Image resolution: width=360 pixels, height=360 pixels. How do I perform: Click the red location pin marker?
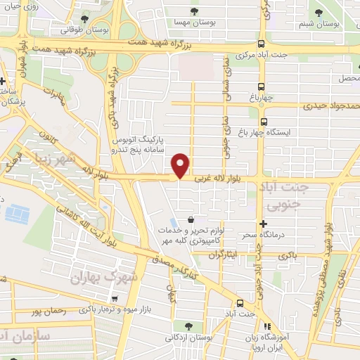181,165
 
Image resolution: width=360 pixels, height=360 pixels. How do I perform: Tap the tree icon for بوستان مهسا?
195,11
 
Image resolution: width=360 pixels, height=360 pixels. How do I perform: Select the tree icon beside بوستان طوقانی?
85,18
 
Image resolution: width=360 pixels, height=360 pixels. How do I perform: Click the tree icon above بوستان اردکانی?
188,325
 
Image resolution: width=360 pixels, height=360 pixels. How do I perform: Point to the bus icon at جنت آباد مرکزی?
262,42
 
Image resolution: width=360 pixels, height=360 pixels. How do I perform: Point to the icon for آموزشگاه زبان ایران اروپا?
266,326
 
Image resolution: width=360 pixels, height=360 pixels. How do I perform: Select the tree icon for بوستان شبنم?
319,12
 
